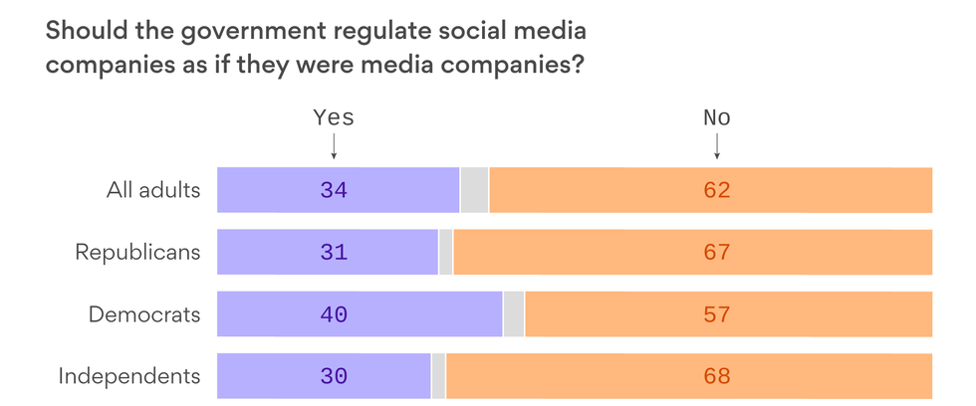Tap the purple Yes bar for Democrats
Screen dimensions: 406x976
coord(279,314)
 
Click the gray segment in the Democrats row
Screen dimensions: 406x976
coord(514,314)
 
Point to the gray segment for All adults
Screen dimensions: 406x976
coord(474,190)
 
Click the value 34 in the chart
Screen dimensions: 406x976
coord(334,190)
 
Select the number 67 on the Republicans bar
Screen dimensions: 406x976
coord(717,252)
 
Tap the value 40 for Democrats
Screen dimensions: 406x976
coord(334,314)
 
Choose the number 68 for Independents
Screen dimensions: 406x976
coord(717,376)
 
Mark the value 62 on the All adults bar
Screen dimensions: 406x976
coord(717,190)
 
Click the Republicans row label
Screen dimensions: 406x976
coord(137,252)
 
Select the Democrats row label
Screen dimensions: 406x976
coord(144,314)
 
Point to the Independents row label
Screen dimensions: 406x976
coord(129,376)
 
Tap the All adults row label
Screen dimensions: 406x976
coord(153,190)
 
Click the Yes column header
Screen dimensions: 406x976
coord(334,117)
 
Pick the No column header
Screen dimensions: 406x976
coord(717,117)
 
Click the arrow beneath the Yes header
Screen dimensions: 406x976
coord(334,147)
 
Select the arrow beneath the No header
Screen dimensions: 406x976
coord(717,147)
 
